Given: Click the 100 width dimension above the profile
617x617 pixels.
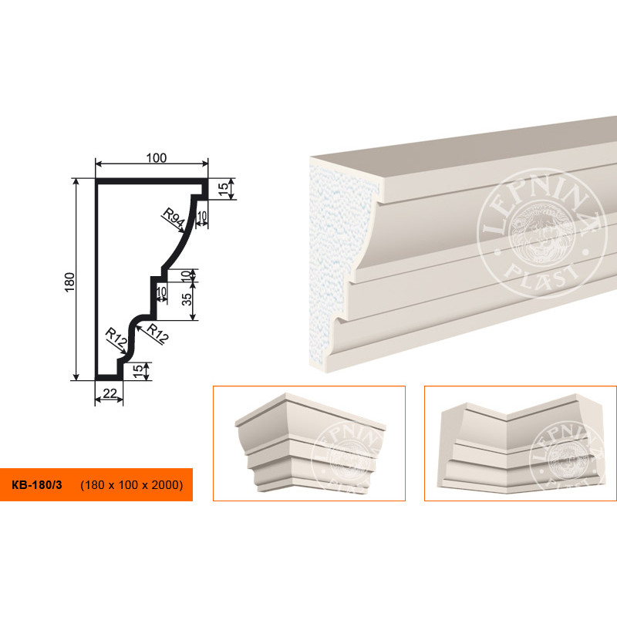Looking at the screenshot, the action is tap(157, 158).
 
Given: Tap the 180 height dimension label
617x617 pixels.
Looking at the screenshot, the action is tap(69, 282).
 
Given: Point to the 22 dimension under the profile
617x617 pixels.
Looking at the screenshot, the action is tap(110, 393).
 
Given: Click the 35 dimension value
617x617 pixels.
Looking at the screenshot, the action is tap(187, 299).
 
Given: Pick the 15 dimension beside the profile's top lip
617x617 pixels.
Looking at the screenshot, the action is tap(223, 189).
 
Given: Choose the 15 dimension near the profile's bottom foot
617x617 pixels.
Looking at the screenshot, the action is tap(138, 371).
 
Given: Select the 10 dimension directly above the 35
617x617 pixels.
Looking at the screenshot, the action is tap(186, 275).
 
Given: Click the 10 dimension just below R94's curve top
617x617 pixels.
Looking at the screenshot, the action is tap(202, 216).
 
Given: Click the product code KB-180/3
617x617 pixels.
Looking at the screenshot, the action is tap(37, 485).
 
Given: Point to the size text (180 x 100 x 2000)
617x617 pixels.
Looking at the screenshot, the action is tap(132, 485).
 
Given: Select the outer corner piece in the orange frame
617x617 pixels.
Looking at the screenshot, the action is tap(310, 442).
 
